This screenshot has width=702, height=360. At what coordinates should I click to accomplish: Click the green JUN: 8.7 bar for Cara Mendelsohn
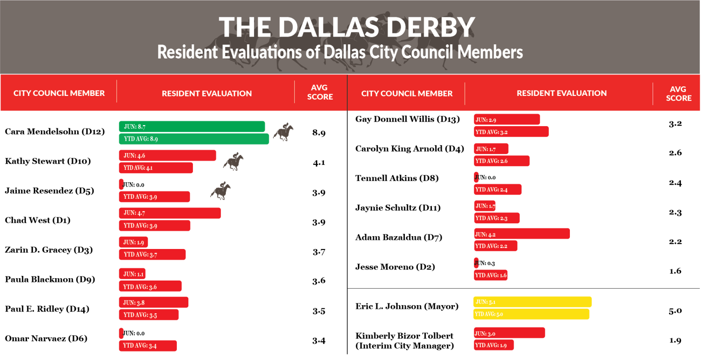coord(192,127)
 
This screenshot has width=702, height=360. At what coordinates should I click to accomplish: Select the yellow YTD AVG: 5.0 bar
coord(531,314)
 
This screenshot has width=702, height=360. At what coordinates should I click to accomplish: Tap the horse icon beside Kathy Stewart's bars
coord(233,162)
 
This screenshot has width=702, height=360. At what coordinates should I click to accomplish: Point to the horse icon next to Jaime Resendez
coord(221,191)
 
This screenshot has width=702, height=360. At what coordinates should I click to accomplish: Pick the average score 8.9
coord(319,133)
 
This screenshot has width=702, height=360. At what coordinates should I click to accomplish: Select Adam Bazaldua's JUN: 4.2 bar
coord(522,234)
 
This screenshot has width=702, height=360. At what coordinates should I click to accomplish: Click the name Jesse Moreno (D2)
coord(395,267)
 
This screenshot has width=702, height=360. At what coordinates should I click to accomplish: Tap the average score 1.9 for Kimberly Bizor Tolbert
coord(675,340)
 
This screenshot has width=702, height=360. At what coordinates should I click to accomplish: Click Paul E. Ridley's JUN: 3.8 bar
coord(154,302)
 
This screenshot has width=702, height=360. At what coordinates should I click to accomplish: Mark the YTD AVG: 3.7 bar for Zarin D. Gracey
coord(152,254)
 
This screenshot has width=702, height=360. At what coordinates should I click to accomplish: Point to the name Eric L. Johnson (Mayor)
coord(407,307)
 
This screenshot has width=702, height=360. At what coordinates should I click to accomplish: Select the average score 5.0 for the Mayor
coord(675,311)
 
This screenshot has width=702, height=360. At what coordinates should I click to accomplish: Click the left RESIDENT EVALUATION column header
coord(207,94)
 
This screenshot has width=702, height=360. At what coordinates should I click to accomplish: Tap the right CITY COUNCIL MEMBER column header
coord(407,94)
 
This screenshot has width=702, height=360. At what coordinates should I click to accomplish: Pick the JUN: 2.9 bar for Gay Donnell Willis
coord(507,120)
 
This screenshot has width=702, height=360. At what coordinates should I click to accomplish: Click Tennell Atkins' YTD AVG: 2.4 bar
coord(498,190)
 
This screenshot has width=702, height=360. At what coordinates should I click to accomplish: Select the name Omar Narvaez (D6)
coord(46,339)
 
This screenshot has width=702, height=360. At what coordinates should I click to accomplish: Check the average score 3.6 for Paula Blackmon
coord(319,281)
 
